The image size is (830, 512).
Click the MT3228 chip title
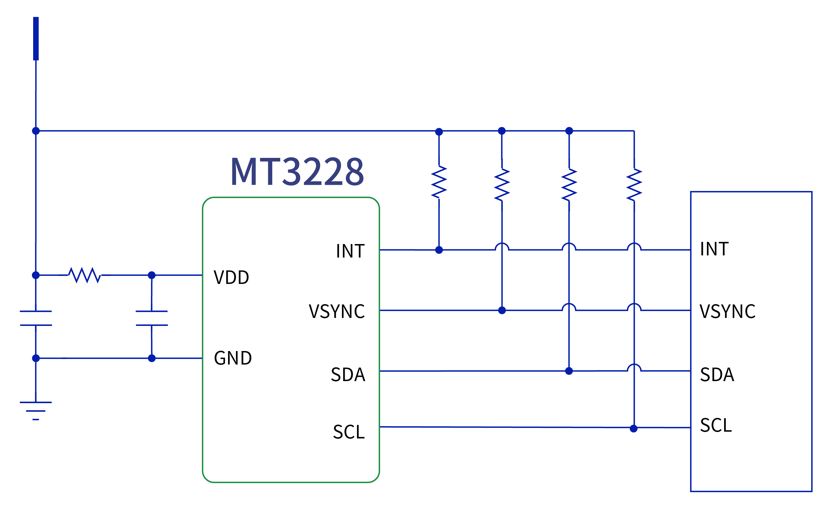297,172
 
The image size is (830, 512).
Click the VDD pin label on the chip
231,277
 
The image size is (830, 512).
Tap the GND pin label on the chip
233,358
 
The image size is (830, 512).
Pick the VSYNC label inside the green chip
336,311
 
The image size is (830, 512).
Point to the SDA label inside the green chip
348,375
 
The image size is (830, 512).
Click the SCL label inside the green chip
349,432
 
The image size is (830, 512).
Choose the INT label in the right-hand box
714,249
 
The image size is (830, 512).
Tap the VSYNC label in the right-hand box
727,311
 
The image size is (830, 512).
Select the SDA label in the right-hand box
717,375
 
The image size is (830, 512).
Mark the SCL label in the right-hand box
716,425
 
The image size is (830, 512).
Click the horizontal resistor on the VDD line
84,275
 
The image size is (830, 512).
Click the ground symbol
36,411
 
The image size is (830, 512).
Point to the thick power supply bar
36,39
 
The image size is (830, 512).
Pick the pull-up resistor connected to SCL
634,185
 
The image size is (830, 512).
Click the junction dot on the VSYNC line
502,310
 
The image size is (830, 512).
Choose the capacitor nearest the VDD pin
152,318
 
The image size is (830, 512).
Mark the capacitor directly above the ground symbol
36,318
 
